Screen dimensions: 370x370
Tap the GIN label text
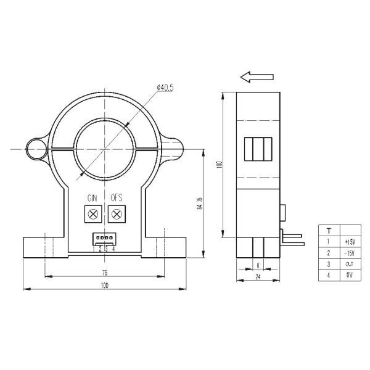coord(92,198)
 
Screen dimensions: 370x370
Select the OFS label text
coord(117,198)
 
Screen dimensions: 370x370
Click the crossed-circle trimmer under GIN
coord(93,215)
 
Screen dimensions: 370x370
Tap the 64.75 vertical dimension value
coord(199,203)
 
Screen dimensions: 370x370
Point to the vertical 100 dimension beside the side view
coord(218,165)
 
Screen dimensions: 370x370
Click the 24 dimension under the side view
coord(258,277)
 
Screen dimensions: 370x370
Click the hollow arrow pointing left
coord(257,76)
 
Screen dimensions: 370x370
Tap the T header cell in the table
coord(328,230)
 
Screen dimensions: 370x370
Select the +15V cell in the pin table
coord(350,242)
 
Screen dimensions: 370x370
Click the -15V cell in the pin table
coord(350,253)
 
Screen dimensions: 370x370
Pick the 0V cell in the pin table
coord(350,276)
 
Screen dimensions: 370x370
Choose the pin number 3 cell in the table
coord(328,265)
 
